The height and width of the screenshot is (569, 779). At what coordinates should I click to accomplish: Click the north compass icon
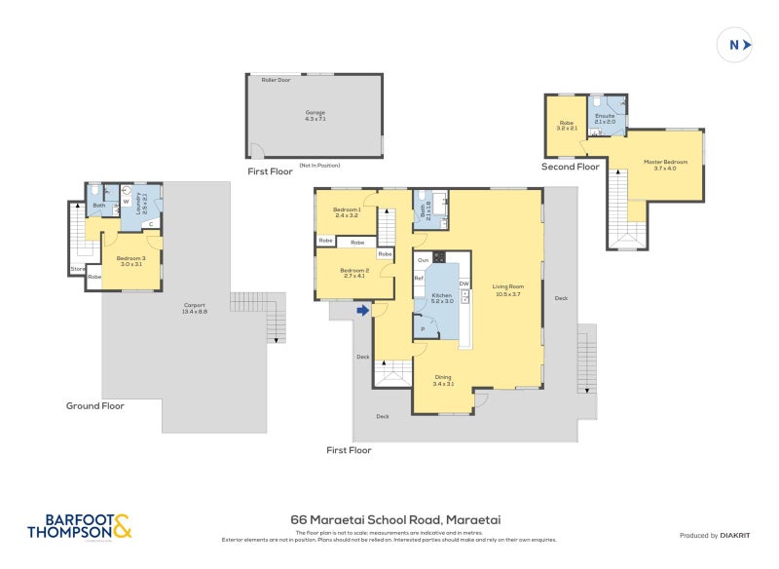735,44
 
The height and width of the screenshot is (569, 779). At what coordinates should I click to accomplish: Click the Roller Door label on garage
276,80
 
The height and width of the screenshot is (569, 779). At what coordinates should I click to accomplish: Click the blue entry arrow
363,311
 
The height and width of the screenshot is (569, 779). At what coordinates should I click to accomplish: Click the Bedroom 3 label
131,260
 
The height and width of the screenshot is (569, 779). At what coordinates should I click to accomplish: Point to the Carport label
195,309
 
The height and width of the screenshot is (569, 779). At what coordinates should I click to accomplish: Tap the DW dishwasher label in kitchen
464,284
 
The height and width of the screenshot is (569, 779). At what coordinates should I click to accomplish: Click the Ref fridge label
419,279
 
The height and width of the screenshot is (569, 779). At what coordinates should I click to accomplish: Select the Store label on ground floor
77,269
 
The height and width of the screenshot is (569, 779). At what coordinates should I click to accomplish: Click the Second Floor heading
571,167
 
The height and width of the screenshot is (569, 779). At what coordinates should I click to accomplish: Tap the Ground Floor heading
94,405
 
